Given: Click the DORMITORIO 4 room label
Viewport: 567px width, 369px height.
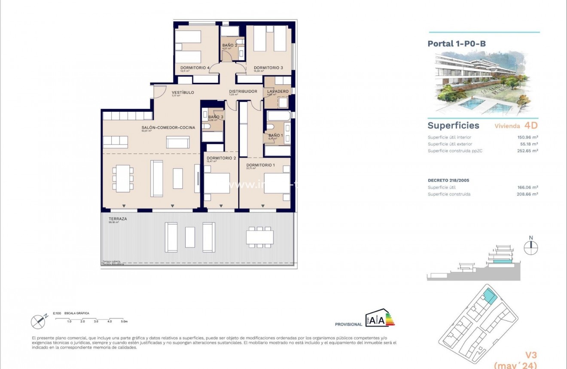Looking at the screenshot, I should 195,68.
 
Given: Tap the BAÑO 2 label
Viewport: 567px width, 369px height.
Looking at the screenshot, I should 229,45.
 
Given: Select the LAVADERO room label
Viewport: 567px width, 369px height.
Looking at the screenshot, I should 277,91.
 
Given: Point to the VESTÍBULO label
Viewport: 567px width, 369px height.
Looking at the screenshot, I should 183,92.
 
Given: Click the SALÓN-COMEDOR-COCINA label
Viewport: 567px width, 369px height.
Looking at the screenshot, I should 168,128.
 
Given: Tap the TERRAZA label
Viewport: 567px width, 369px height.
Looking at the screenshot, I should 118,218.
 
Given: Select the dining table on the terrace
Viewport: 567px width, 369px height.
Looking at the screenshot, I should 260,237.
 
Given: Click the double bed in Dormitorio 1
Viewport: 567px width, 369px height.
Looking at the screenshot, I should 277,183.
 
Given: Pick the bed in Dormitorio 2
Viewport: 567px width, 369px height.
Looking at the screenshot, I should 217,183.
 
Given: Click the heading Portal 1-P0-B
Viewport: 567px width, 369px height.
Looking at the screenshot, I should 457,43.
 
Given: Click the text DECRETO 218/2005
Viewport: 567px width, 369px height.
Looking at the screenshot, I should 448,180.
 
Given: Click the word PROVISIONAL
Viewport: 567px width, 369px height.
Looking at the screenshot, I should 348,324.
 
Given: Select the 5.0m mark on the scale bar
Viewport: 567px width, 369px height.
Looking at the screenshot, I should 124,321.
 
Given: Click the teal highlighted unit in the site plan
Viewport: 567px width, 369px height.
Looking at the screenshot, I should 489,296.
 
